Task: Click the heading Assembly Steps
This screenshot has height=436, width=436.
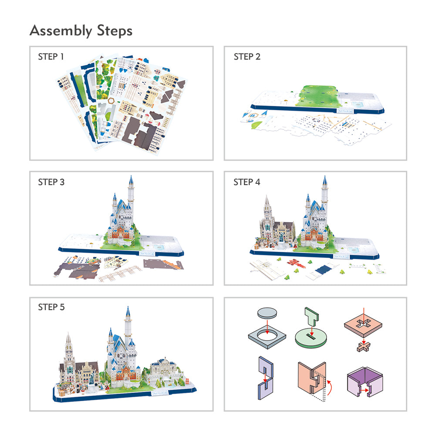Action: tap(81, 30)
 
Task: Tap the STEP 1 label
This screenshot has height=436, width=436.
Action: tap(51, 57)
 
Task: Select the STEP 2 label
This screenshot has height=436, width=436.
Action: tap(247, 57)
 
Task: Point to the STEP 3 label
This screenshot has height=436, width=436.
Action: tap(51, 182)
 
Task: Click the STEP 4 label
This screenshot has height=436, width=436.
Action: tap(247, 182)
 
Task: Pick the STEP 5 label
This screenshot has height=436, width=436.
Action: tap(51, 307)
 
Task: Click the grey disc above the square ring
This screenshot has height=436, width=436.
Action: tap(267, 313)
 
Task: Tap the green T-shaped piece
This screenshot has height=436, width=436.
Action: tap(312, 316)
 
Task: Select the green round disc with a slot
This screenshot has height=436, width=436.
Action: tap(311, 337)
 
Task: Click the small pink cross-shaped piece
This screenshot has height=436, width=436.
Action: tap(364, 347)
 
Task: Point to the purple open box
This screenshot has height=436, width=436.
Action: tap(365, 382)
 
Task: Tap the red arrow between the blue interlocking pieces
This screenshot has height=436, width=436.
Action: tap(265, 378)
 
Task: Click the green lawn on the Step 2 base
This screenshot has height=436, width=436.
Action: tap(318, 96)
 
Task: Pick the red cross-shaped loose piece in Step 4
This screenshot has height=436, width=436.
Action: tap(296, 263)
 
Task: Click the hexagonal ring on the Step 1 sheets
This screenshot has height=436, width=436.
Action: tap(112, 101)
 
